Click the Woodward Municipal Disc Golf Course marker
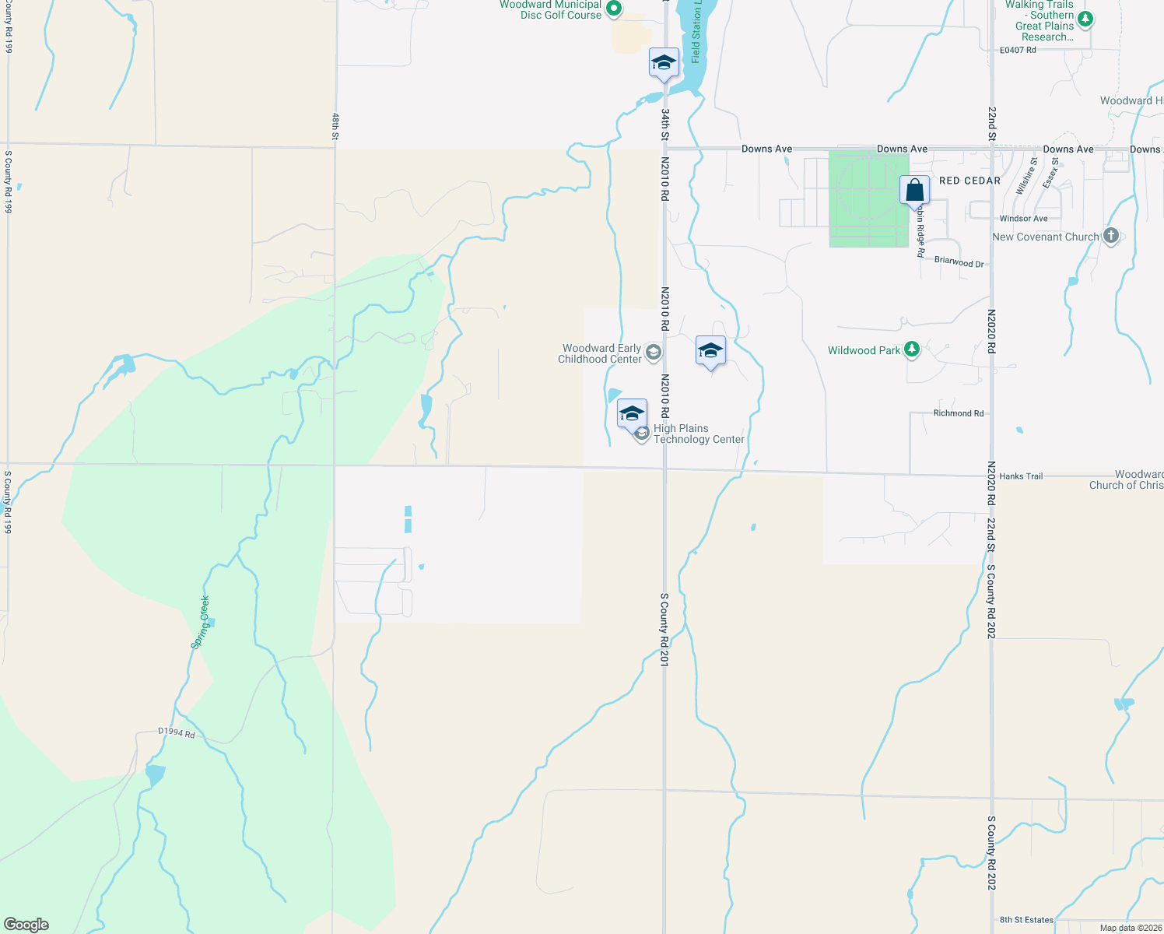[x=613, y=9]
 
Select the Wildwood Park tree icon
[x=912, y=350]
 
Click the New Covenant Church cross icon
[x=1110, y=236]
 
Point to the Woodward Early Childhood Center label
[x=601, y=354]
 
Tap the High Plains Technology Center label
[x=699, y=434]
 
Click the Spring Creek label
[x=201, y=622]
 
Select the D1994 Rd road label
[x=177, y=732]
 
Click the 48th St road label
[x=335, y=126]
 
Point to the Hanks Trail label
[x=1021, y=476]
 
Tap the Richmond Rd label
[x=958, y=413]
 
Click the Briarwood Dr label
[x=959, y=262]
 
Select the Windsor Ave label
[x=1023, y=219]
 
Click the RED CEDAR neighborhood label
[x=969, y=181]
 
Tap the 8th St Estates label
[x=1026, y=920]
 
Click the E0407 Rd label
[x=1018, y=50]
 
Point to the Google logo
[x=26, y=925]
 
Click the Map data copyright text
[x=1131, y=928]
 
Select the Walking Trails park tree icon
[x=1086, y=19]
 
